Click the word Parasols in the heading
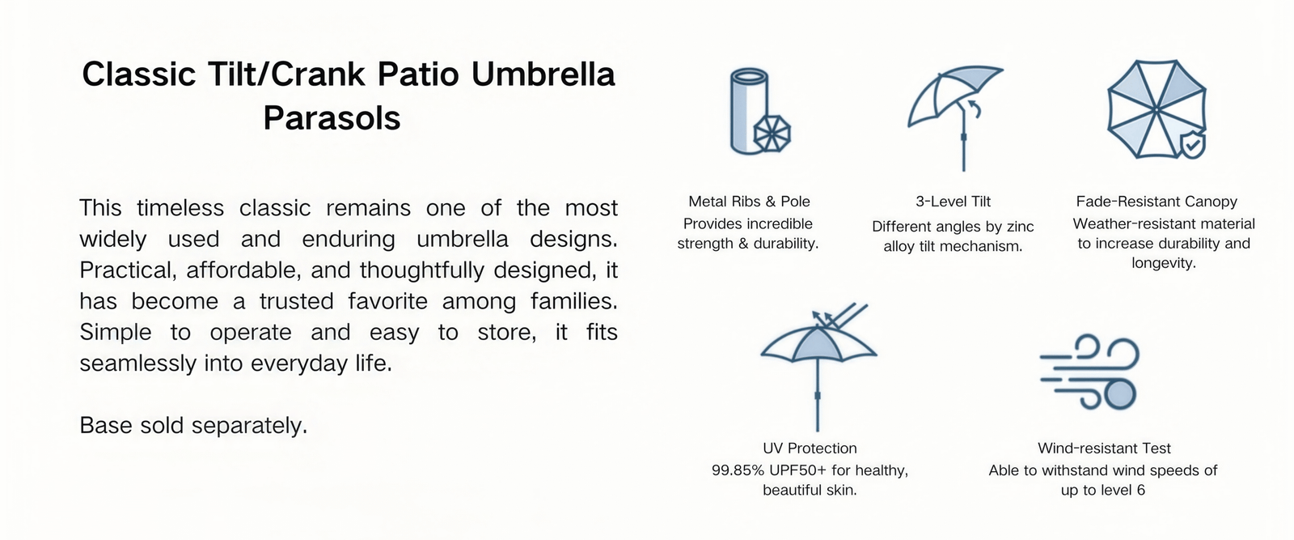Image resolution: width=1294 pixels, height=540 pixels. [332, 118]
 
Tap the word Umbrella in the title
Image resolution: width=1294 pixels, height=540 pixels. [543, 74]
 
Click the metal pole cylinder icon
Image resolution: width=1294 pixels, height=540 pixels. [749, 111]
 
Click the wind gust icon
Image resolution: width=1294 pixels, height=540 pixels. [1089, 372]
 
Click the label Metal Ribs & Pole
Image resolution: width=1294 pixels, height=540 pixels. [749, 202]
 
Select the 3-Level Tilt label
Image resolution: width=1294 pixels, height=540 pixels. [953, 202]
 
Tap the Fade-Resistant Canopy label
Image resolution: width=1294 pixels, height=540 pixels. [1157, 202]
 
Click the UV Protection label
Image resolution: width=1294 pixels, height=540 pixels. [810, 449]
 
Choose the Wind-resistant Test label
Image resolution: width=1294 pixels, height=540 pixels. [1104, 449]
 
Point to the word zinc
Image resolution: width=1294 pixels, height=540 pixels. [1020, 227]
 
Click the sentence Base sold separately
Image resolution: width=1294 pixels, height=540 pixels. [193, 426]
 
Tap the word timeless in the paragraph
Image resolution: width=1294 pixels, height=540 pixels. [180, 208]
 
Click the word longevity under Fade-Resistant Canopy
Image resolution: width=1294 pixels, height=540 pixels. [1164, 264]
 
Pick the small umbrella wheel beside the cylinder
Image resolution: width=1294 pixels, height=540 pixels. [772, 134]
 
